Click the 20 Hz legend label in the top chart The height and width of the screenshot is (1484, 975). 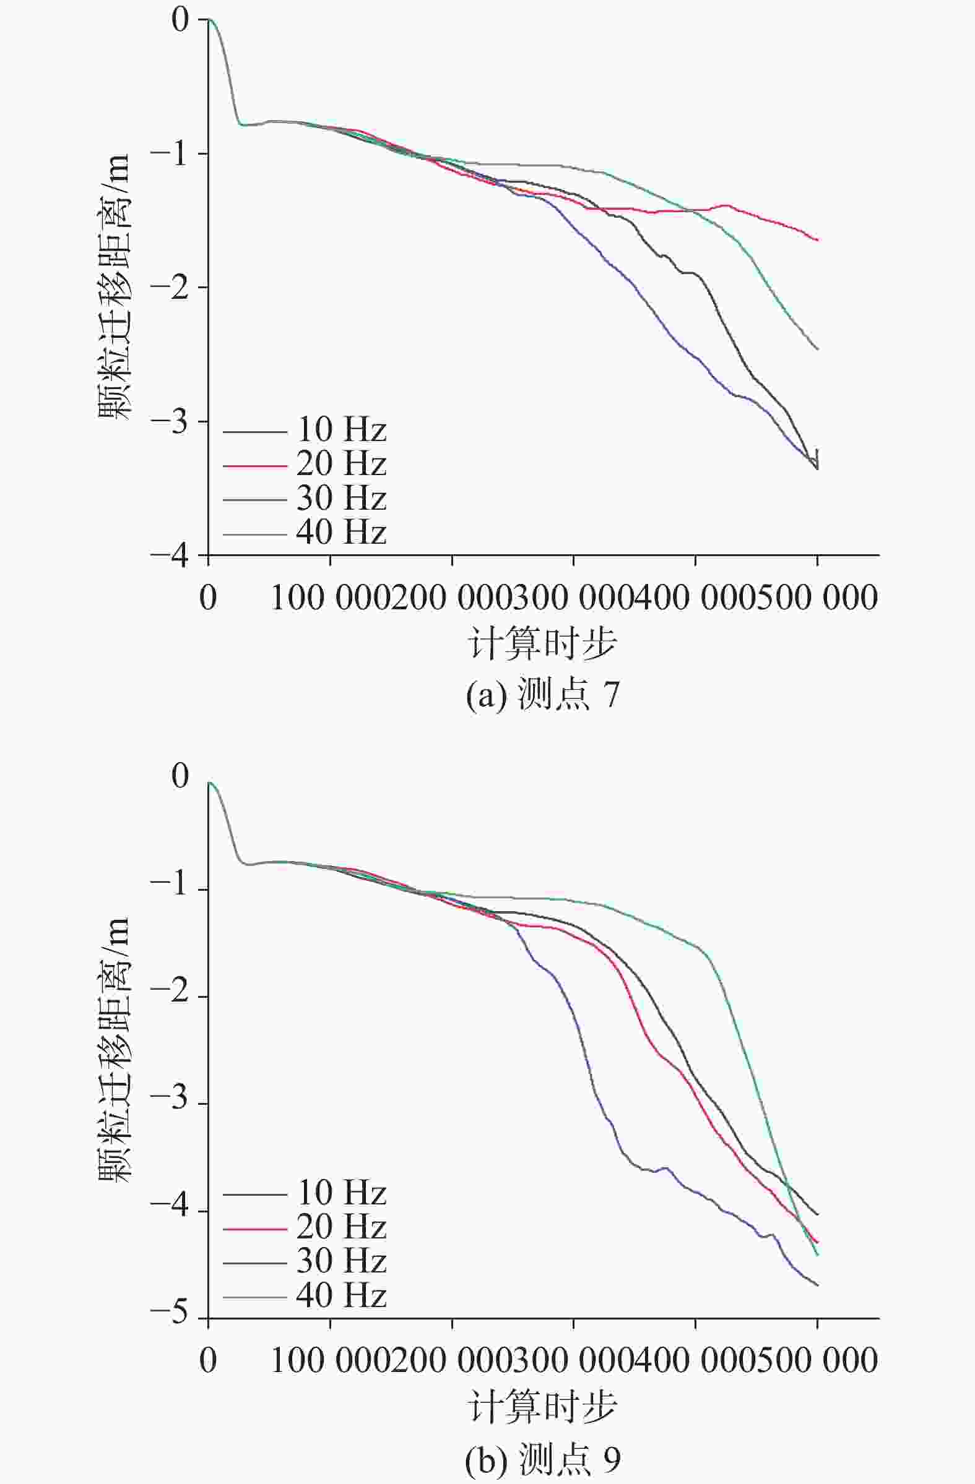tap(340, 464)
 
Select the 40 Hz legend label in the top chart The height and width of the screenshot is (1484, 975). tap(340, 533)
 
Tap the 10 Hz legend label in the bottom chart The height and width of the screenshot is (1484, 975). tap(340, 1193)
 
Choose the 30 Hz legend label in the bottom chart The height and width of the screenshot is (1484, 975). tap(340, 1262)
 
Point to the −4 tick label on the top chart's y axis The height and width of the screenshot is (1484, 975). tap(169, 555)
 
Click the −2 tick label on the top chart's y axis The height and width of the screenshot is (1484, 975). tap(169, 288)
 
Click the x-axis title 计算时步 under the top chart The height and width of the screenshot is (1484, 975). tap(542, 644)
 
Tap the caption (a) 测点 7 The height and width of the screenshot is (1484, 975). tap(542, 695)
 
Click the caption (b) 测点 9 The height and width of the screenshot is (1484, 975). tap(542, 1458)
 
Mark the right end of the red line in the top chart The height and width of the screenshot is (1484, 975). tap(817, 240)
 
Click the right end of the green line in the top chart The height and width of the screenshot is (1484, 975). tap(817, 349)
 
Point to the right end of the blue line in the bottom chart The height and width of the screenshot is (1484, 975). tap(817, 1285)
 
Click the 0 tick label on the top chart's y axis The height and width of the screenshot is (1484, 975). tap(180, 20)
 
